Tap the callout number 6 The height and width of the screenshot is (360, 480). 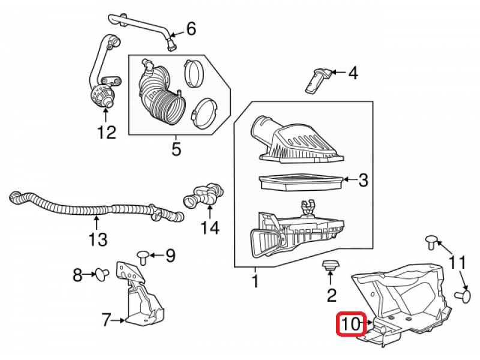click(x=191, y=28)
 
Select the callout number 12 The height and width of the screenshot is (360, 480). click(x=106, y=131)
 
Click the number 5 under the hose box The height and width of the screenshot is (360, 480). click(x=176, y=149)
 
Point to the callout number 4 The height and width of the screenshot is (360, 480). click(x=353, y=74)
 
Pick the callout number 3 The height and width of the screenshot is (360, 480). click(x=364, y=179)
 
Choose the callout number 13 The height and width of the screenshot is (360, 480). click(x=98, y=240)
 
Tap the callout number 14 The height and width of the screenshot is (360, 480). click(x=210, y=227)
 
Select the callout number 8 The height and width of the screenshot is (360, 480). click(x=77, y=275)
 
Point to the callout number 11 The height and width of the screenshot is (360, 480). click(x=457, y=262)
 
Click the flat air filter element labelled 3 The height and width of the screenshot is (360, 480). click(x=300, y=181)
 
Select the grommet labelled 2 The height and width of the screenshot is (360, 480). click(x=331, y=266)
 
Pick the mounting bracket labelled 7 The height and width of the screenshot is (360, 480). click(x=139, y=297)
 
